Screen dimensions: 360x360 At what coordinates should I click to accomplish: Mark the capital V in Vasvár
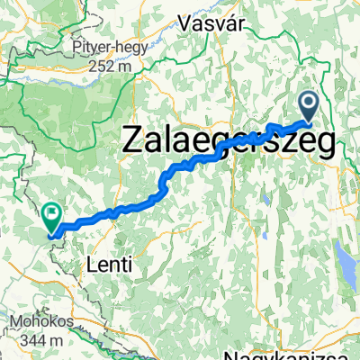184,21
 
